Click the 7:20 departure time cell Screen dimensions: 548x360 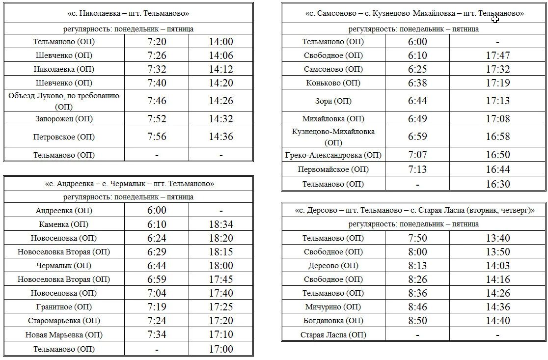click(157, 42)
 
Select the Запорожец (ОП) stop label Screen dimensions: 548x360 click(64, 119)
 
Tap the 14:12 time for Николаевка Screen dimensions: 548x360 click(221, 69)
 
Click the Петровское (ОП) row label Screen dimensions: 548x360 click(64, 137)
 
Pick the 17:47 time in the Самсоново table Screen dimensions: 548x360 click(498, 55)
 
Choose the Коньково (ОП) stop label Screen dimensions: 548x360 click(333, 83)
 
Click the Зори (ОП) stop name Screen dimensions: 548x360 click(333, 101)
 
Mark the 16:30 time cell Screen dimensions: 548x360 click(498, 184)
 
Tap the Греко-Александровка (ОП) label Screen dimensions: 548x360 click(333, 155)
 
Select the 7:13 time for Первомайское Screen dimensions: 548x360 click(417, 169)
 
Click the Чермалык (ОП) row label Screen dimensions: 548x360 click(64, 266)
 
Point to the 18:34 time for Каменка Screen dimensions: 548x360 click(221, 224)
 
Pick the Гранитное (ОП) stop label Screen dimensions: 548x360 click(64, 307)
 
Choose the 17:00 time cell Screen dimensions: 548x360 click(221, 349)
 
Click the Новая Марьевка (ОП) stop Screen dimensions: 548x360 click(64, 335)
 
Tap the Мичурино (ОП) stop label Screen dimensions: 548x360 click(333, 307)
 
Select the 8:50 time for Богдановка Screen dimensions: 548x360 click(417, 321)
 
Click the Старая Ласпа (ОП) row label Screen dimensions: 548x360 click(333, 335)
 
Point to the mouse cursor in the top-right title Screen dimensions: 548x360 click(495, 19)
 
